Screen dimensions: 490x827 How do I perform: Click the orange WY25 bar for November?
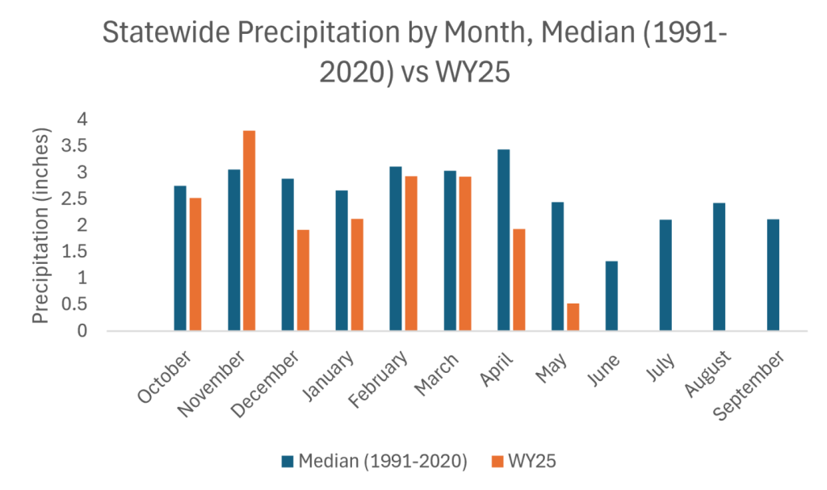(249, 231)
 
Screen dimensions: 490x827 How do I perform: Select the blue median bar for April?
(503, 240)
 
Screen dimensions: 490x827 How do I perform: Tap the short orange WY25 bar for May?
(573, 316)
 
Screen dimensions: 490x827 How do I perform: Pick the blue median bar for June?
(611, 295)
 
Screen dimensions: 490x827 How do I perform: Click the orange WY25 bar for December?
(303, 280)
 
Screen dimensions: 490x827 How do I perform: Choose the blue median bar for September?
(773, 274)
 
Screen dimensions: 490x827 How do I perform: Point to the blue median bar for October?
(179, 258)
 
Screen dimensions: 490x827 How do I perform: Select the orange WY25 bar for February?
(411, 253)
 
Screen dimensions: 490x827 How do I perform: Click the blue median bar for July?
(665, 274)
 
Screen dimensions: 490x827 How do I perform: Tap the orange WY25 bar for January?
(357, 274)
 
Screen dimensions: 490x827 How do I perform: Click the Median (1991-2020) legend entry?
(375, 461)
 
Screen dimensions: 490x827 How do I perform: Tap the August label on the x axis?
(712, 373)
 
